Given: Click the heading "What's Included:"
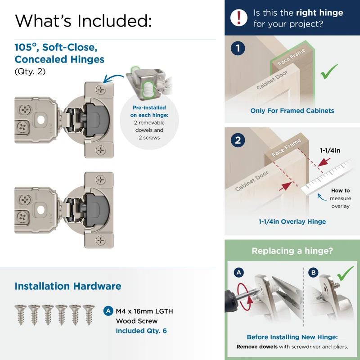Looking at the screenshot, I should tap(83, 20).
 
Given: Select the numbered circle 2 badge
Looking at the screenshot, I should tap(238, 140).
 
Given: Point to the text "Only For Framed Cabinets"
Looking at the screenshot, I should tap(292, 111).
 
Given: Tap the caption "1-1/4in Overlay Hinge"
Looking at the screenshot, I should tap(292, 221).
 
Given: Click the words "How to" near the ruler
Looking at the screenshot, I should tap(340, 191).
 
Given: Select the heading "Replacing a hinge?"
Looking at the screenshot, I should tap(292, 251).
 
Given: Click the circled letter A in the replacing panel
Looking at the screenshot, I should tap(238, 272).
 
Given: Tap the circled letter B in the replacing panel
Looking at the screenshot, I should tap(313, 272).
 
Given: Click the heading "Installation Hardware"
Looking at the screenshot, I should tap(67, 286).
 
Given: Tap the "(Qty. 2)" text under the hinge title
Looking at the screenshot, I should tap(30, 71).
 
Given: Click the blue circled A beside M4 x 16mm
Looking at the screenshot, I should tap(108, 311).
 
